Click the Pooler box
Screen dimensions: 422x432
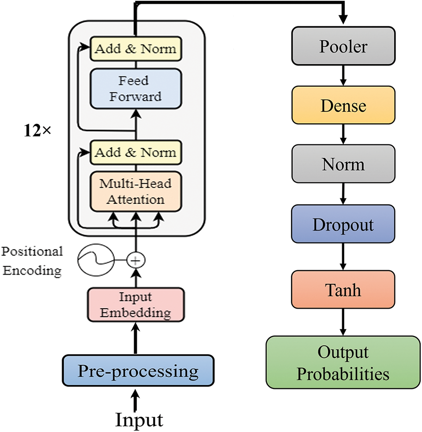click(343, 46)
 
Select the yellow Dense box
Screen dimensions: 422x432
click(343, 105)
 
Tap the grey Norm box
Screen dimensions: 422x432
click(343, 164)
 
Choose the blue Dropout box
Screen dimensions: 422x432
click(343, 224)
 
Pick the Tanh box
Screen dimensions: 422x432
click(343, 289)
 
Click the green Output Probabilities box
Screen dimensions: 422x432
click(343, 362)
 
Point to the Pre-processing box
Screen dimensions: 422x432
click(138, 371)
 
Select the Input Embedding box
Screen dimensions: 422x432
click(136, 305)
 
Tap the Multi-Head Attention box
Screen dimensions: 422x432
click(136, 192)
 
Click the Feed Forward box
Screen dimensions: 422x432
click(136, 89)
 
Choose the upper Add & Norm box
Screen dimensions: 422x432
click(136, 49)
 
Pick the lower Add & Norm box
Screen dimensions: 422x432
click(136, 152)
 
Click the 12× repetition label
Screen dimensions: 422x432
click(38, 130)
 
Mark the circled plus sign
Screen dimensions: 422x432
click(136, 260)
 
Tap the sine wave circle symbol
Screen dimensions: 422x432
click(96, 260)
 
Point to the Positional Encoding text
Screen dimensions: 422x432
click(32, 261)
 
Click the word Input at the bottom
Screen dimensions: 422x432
click(139, 420)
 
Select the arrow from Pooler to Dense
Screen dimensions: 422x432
click(343, 76)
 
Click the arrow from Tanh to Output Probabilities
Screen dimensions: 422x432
click(343, 322)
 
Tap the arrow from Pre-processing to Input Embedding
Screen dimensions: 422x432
click(136, 338)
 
